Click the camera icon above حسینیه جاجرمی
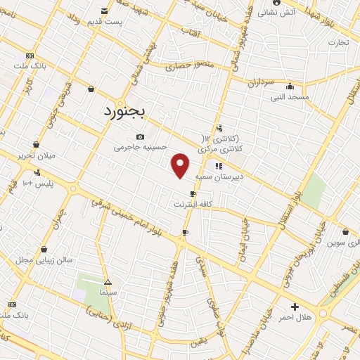click(x=140, y=136)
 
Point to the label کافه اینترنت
click(x=193, y=204)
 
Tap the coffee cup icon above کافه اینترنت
click(x=193, y=193)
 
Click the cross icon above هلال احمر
click(x=294, y=307)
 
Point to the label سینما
click(x=108, y=290)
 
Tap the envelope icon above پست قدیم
click(x=104, y=11)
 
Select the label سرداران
click(x=259, y=82)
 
